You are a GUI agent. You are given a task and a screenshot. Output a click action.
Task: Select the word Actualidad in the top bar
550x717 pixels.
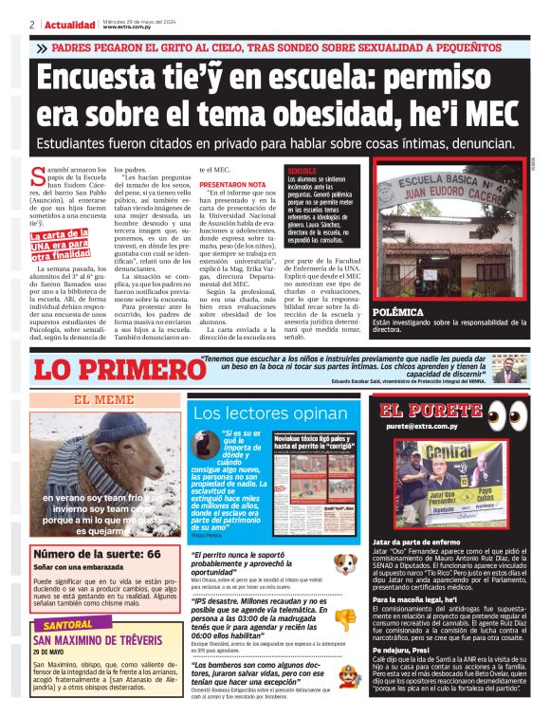click(67, 24)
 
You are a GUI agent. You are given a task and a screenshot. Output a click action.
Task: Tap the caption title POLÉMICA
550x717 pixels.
click(398, 311)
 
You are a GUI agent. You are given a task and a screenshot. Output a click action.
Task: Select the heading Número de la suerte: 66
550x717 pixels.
click(97, 553)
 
